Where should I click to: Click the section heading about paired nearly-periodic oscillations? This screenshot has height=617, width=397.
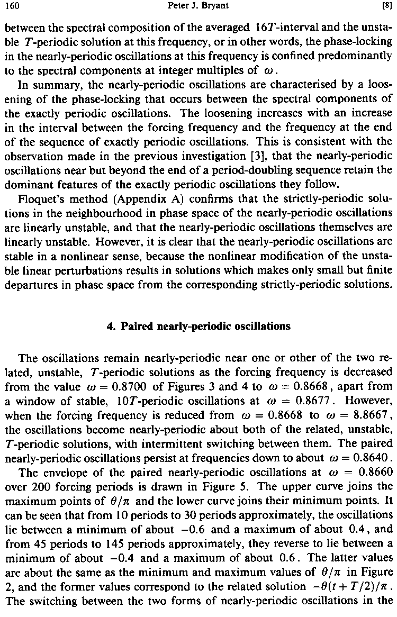tap(198, 326)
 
